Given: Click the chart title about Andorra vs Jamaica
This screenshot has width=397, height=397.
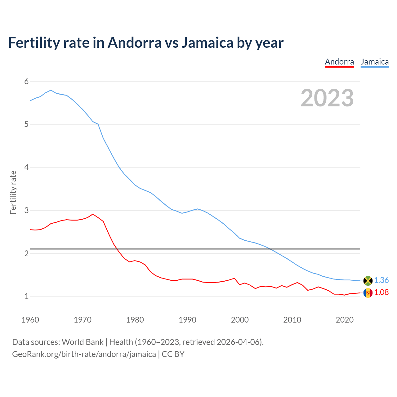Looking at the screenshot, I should (146, 43).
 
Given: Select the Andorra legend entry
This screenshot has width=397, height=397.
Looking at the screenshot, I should (339, 62).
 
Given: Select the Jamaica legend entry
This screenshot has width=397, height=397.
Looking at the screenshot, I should (375, 62).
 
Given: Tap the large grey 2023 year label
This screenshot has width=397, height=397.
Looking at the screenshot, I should (327, 98).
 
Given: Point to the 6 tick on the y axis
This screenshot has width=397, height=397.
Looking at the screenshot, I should (26, 81).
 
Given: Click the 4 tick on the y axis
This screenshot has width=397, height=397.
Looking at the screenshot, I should (26, 167).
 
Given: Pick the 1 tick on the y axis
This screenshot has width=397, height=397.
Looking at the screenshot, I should (26, 297).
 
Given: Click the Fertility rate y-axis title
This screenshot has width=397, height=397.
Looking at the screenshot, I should (13, 192).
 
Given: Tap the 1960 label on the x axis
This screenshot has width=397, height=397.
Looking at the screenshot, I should (30, 320).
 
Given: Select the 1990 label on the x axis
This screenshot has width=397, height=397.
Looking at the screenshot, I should (187, 320).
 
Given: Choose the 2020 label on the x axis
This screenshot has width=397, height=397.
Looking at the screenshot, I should (345, 320).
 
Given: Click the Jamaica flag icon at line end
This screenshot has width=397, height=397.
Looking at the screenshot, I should (368, 280).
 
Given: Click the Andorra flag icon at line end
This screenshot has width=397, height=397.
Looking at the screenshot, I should (368, 293).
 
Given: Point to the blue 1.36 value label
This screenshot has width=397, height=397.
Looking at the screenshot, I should (381, 280).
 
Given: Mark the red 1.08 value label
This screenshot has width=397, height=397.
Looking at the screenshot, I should (381, 292).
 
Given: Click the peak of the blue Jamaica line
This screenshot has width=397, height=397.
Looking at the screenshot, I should (51, 90).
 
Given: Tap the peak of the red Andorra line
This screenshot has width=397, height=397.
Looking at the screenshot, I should (93, 214).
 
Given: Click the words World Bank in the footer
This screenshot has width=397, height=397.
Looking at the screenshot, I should (83, 342).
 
